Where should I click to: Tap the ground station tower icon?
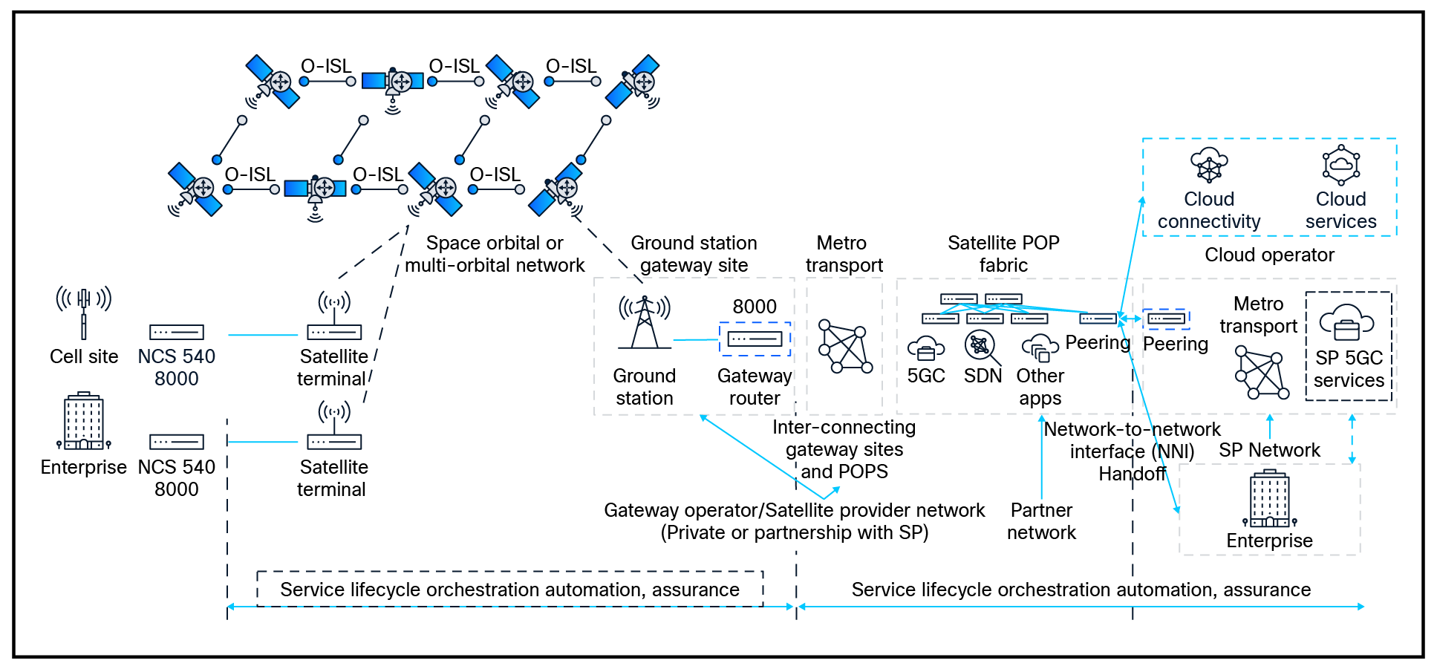point(644,322)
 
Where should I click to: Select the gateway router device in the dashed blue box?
point(755,339)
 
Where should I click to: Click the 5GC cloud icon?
point(926,347)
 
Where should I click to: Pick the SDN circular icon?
point(980,345)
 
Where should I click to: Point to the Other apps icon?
point(1040,347)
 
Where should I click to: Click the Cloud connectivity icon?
point(1208,166)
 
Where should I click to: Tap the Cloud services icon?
point(1340,166)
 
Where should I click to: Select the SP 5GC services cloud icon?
point(1346,322)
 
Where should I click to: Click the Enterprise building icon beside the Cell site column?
point(84,421)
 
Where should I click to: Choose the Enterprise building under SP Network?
point(1269,498)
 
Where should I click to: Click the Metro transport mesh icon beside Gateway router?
point(844,346)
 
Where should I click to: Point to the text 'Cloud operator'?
point(1269,255)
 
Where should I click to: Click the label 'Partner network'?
point(1041,521)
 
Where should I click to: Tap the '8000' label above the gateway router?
point(755,306)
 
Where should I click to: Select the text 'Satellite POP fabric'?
point(1003,253)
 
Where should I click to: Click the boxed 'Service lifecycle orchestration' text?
point(509,590)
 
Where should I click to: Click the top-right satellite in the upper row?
point(633,82)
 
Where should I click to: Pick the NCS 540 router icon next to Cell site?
point(177,333)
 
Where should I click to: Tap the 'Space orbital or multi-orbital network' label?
point(495,254)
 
